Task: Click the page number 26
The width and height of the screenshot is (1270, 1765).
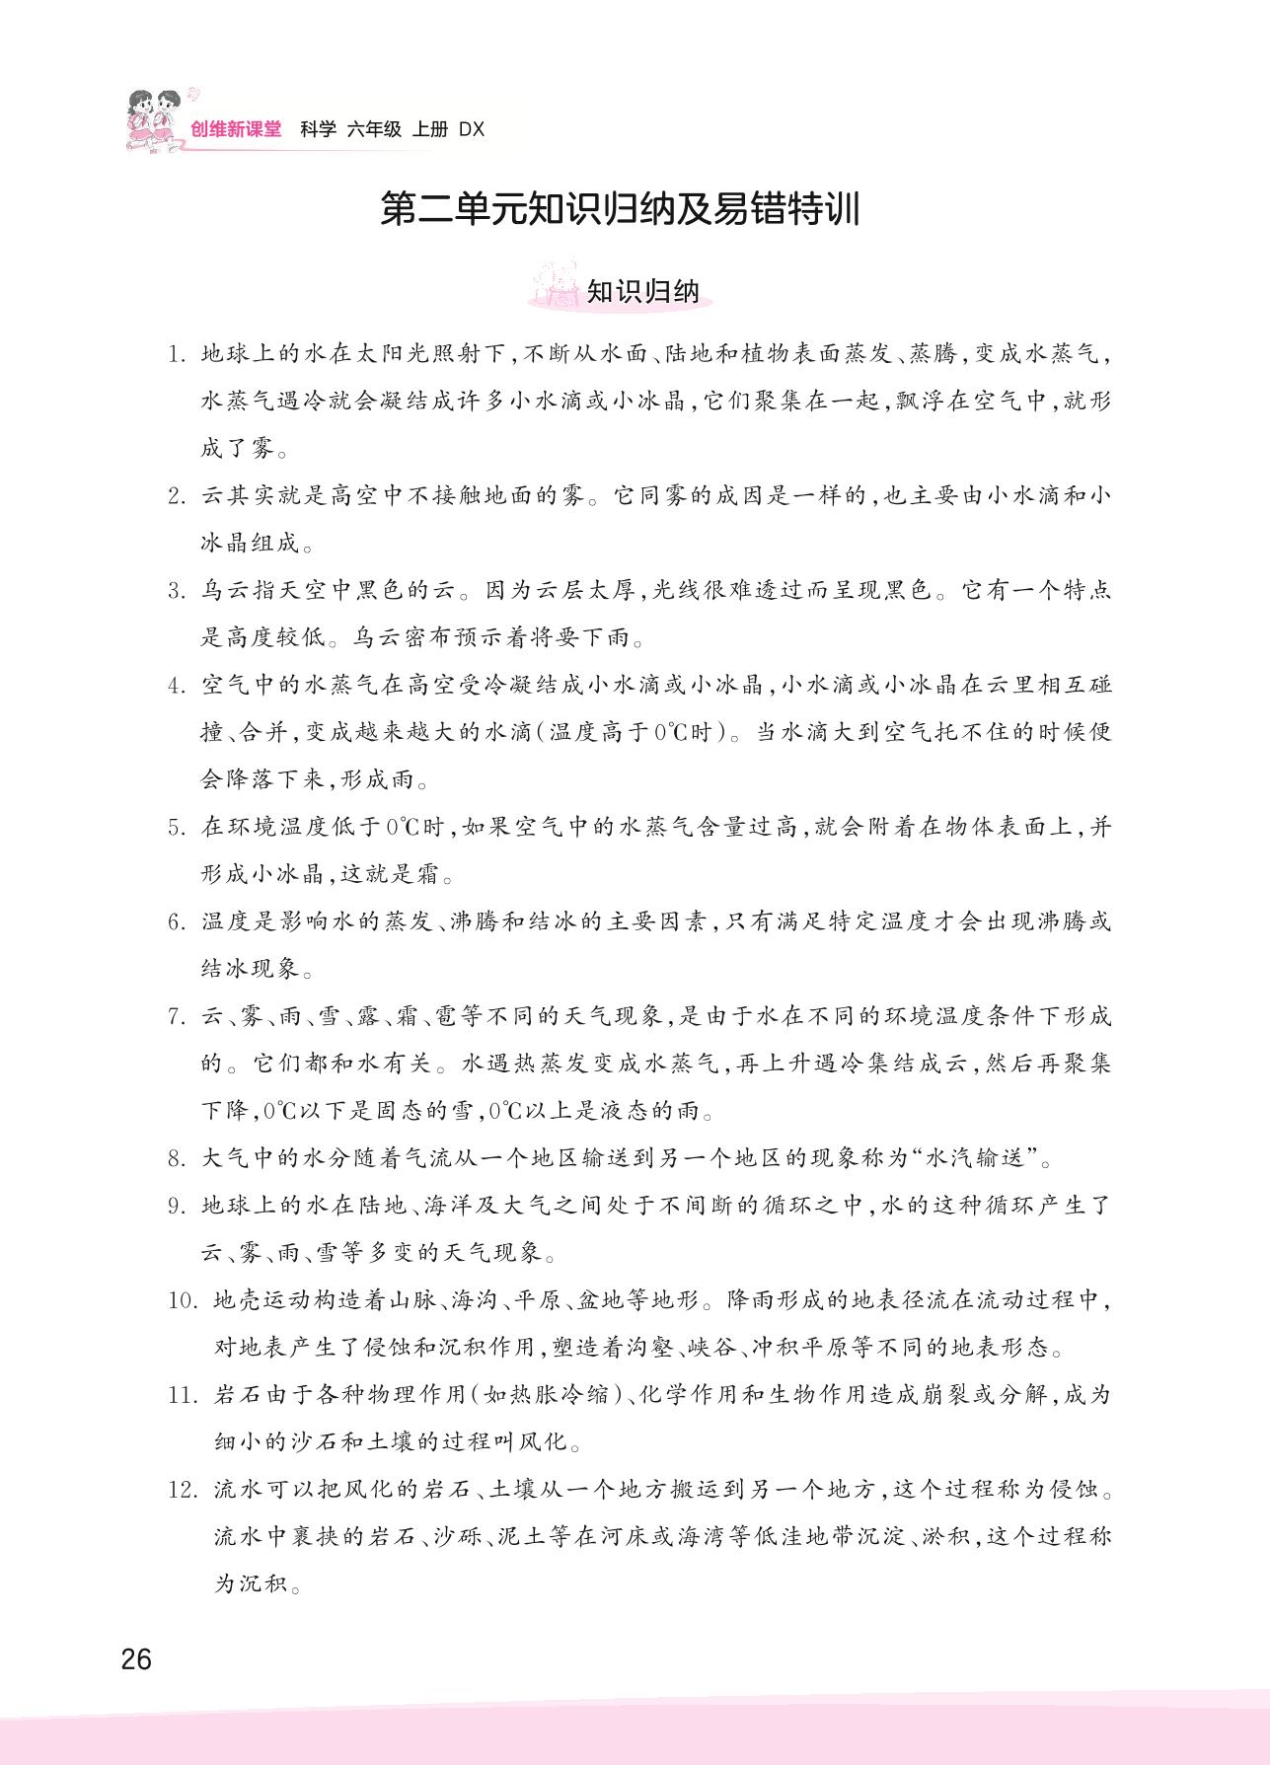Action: click(136, 1658)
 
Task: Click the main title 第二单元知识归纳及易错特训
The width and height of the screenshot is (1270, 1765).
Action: click(620, 210)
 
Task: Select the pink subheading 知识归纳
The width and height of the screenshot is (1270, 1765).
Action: click(642, 292)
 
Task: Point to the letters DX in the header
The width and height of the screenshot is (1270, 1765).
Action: click(473, 129)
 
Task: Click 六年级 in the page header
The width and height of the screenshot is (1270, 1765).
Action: click(374, 129)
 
